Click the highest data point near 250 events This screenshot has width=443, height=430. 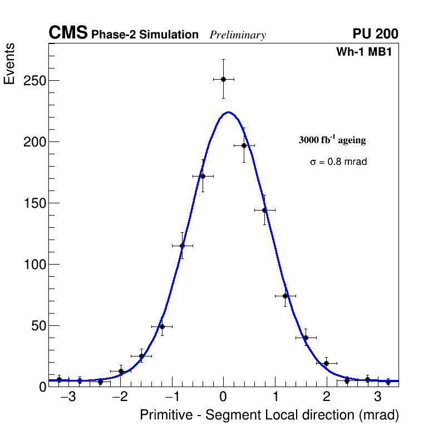tap(223, 79)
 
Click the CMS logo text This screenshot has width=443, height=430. tap(68, 33)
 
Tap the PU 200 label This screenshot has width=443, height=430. tap(375, 34)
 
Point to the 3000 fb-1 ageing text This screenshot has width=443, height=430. tap(332, 140)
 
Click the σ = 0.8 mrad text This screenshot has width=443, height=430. tap(338, 162)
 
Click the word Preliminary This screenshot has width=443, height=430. tap(238, 36)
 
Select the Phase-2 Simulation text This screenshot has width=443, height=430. tap(145, 35)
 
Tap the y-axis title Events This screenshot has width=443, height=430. tap(9, 63)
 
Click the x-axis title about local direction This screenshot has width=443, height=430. tap(269, 415)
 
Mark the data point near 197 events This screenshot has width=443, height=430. tap(244, 145)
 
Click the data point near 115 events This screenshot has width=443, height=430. tap(182, 246)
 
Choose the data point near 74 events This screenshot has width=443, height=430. tap(285, 296)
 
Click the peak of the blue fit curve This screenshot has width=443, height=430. tap(228, 112)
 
